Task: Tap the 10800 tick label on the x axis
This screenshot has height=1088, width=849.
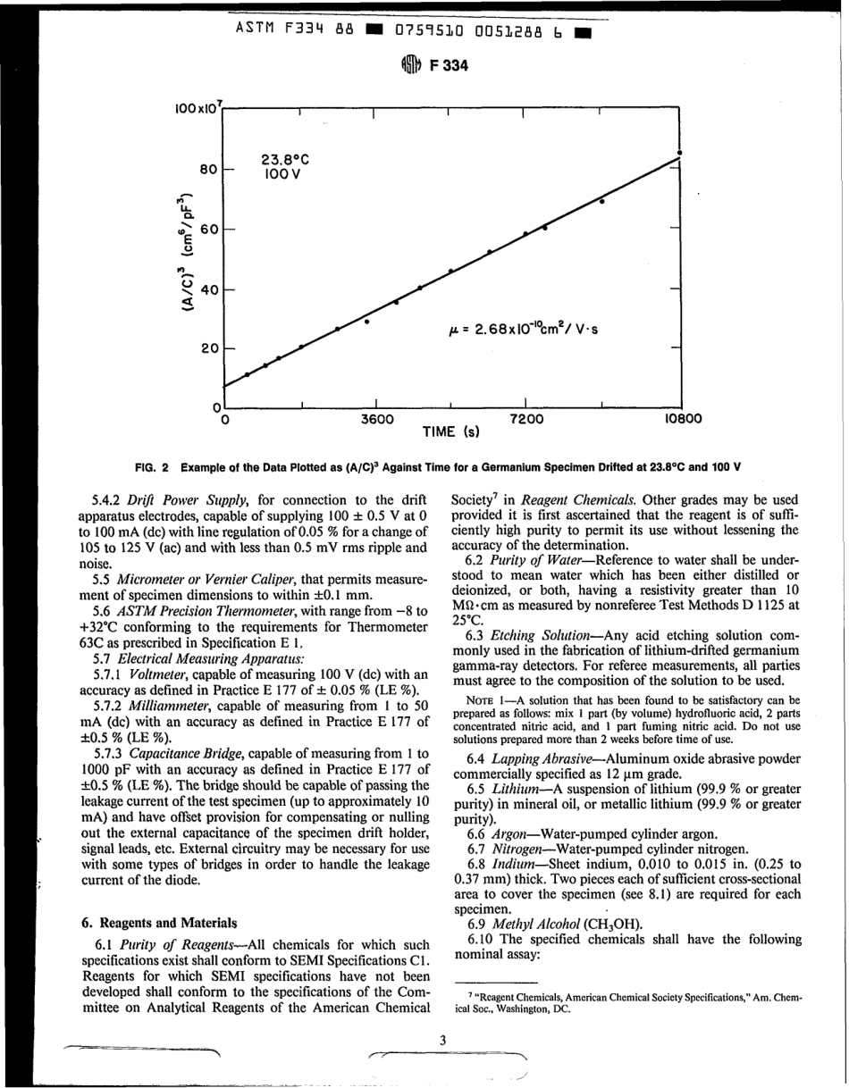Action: pyautogui.click(x=681, y=417)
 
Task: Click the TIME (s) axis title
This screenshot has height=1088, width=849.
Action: pyautogui.click(x=451, y=432)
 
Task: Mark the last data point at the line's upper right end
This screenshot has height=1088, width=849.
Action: pyautogui.click(x=681, y=154)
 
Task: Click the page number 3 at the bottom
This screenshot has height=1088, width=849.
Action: pyautogui.click(x=441, y=1039)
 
